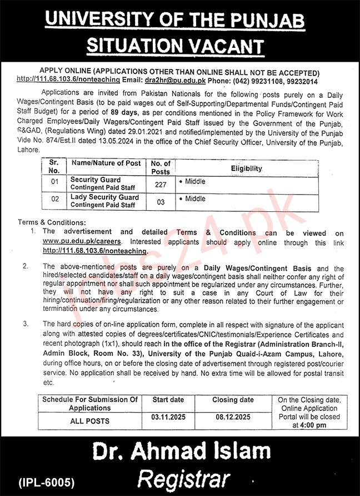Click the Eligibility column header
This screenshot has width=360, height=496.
click(x=247, y=167)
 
